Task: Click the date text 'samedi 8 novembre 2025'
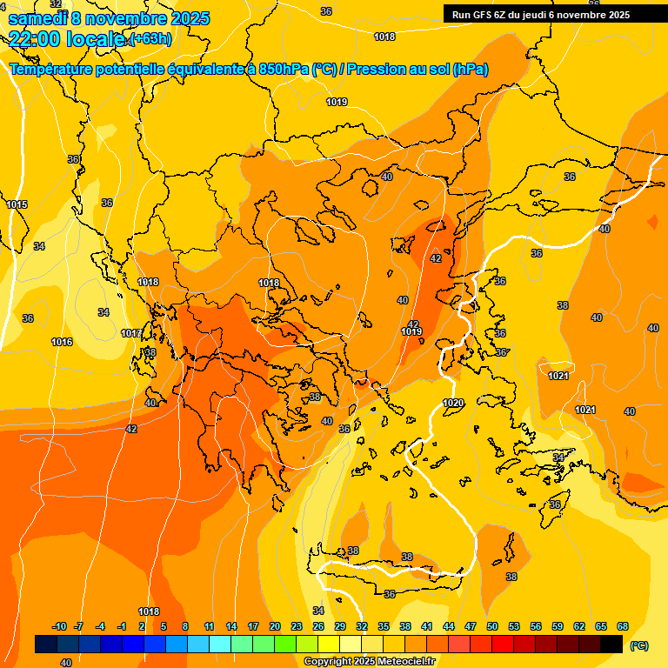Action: click(109, 18)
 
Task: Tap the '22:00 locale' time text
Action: click(66, 38)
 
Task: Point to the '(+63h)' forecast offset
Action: click(150, 39)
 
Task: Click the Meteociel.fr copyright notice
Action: click(370, 661)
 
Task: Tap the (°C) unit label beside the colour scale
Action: click(638, 645)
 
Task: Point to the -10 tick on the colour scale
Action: click(59, 626)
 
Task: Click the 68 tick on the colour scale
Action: click(623, 626)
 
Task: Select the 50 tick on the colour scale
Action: click(492, 626)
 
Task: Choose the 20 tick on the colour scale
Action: click(275, 626)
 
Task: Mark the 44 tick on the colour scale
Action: click(449, 626)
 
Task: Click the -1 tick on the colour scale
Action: click(123, 626)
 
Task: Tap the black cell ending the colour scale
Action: click(611, 645)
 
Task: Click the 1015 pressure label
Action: click(17, 204)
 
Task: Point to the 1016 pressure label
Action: click(62, 342)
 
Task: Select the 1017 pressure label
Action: click(131, 333)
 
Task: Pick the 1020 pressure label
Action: click(453, 403)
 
